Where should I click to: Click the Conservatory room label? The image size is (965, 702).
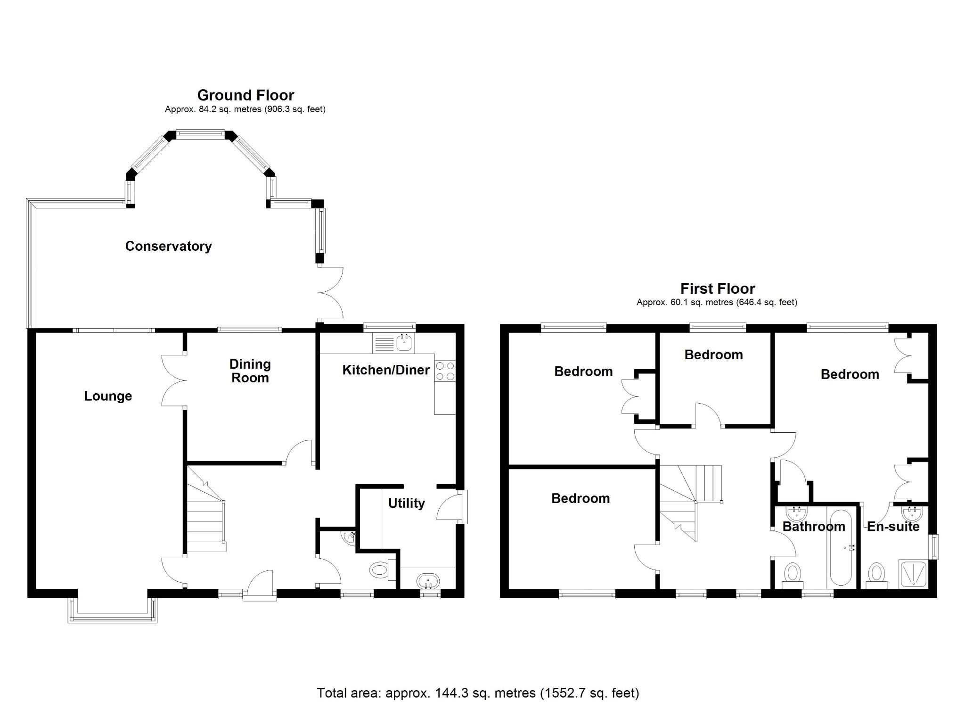click(x=168, y=246)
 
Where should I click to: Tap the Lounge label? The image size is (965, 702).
click(x=108, y=396)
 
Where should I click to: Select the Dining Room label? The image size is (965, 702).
click(x=250, y=371)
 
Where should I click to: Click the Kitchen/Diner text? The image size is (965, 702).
click(x=385, y=370)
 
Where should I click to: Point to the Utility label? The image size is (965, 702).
click(x=406, y=503)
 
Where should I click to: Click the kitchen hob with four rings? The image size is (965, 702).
click(x=445, y=371)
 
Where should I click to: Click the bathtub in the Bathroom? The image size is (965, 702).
click(x=841, y=547)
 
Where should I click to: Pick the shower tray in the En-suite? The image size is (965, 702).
click(x=913, y=574)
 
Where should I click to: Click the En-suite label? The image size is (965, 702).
click(x=893, y=527)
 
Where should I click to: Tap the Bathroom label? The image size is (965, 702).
click(x=814, y=527)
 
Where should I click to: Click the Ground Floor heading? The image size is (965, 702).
click(x=245, y=95)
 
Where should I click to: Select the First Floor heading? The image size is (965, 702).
click(x=717, y=289)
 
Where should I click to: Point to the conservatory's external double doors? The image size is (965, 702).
click(x=330, y=293)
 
